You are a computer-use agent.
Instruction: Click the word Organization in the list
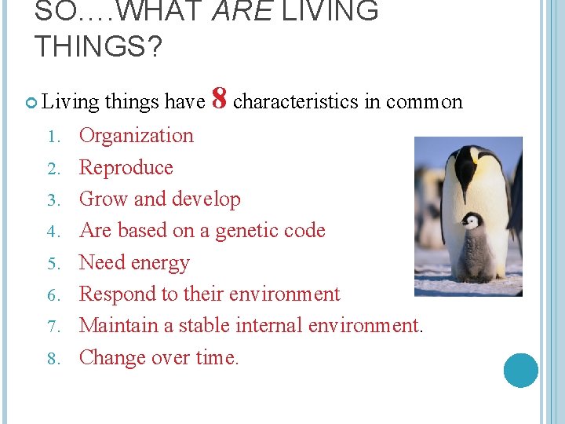(x=137, y=136)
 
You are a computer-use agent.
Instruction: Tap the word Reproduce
(x=126, y=167)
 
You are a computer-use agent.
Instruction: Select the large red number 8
(x=220, y=100)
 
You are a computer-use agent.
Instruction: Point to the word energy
(x=162, y=263)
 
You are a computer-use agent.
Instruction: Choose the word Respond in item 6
(x=115, y=294)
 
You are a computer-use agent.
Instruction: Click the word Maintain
(x=115, y=326)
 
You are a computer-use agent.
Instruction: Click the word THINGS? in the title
(x=98, y=48)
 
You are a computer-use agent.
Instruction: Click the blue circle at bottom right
(x=520, y=370)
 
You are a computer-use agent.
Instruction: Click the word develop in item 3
(x=209, y=199)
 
